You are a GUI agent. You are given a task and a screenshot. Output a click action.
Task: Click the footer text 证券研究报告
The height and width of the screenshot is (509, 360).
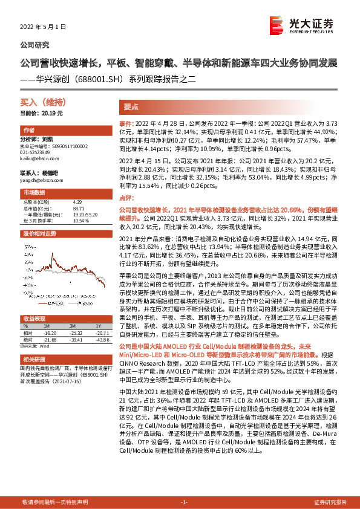330,502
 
